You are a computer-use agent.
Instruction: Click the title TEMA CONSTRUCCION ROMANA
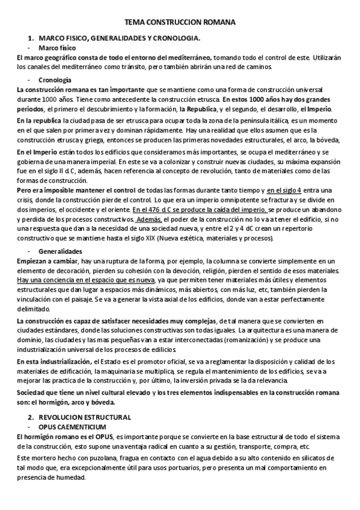coord(180,22)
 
